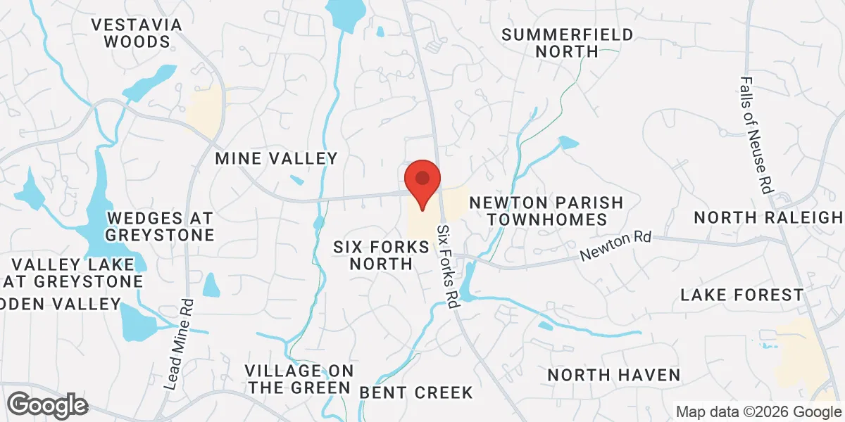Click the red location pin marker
[x=423, y=183]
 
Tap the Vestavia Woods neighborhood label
[x=137, y=33]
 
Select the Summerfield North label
[x=567, y=42]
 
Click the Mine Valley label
[x=277, y=158]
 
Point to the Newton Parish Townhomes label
[x=546, y=211]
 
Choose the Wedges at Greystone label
[x=161, y=226]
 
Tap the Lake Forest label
[x=741, y=295]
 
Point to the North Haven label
[x=614, y=374]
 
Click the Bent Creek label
[x=416, y=392]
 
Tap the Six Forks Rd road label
[x=447, y=266]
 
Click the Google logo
[x=48, y=404]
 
